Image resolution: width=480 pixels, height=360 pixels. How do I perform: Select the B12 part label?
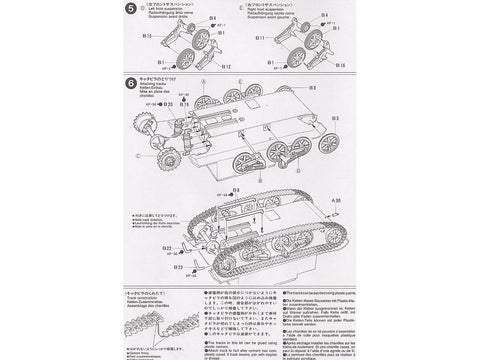pos(227,66)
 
